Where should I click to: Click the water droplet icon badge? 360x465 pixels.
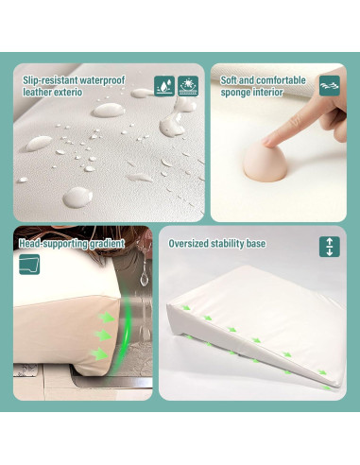tap(163, 85)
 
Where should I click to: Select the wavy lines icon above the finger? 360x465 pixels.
tap(329, 84)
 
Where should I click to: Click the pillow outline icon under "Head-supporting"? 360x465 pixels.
tap(29, 264)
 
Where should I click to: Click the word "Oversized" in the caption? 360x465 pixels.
tap(188, 244)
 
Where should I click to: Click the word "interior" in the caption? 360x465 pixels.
tap(272, 93)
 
